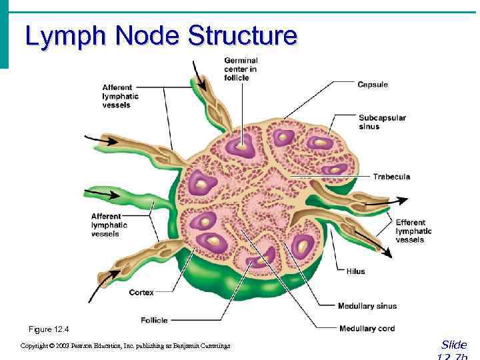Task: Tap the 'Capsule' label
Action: pos(372,85)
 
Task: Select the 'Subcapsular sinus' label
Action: pos(382,122)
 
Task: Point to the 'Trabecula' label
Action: pos(392,177)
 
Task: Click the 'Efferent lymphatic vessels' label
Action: pos(413,231)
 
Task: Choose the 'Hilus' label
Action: pos(355,271)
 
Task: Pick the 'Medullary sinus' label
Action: pos(367,306)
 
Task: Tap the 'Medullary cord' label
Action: pos(367,328)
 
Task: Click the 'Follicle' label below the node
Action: pos(154,320)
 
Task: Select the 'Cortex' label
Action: pos(141,292)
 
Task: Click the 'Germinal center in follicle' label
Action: pos(240,69)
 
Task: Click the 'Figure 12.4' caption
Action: pos(48,329)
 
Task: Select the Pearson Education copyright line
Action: pos(125,346)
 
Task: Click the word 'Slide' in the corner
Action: pos(454,345)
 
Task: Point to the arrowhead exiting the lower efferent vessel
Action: pos(387,253)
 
